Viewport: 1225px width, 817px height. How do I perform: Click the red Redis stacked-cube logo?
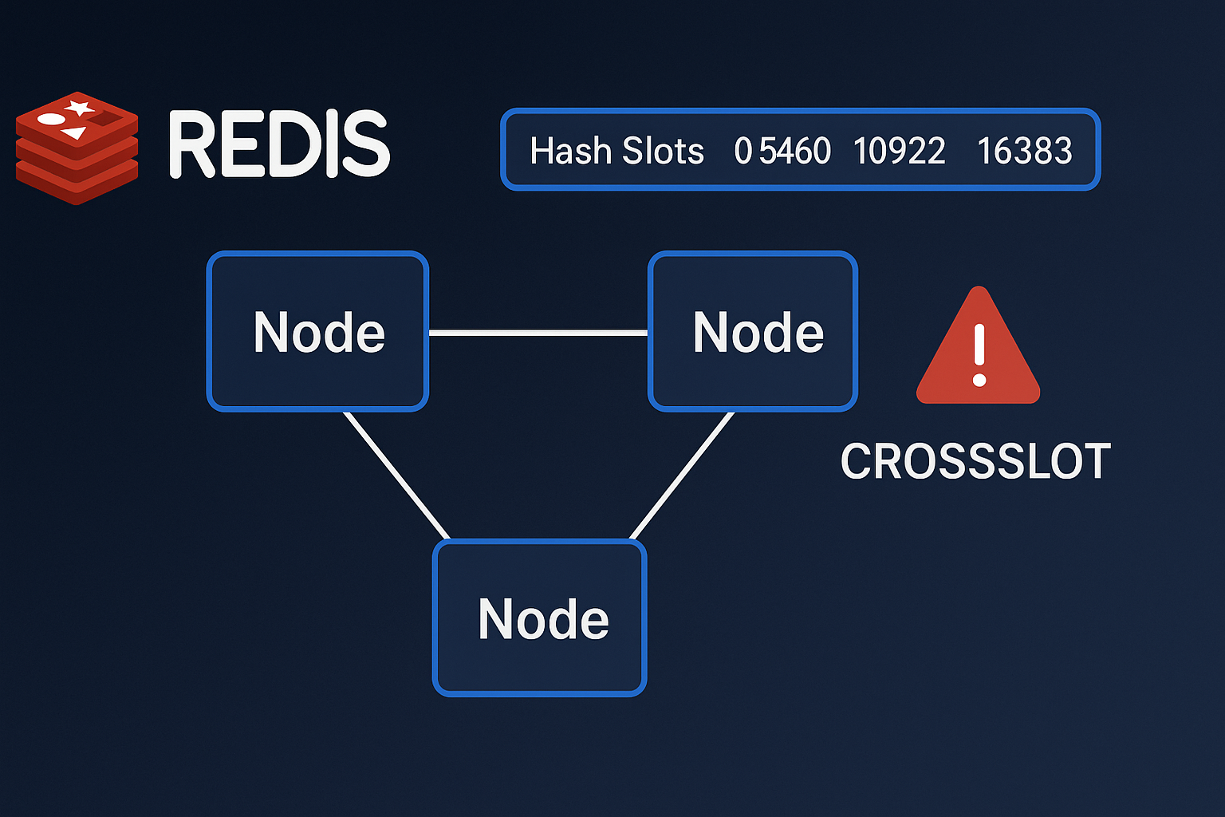(77, 148)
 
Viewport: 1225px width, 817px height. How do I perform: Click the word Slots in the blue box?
(663, 151)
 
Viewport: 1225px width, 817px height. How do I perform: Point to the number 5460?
(794, 151)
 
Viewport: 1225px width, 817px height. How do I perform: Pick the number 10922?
(899, 151)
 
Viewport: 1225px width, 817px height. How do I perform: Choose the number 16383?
(1024, 151)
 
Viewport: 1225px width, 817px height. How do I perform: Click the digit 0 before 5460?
(742, 151)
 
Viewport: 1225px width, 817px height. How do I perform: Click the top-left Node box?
(317, 331)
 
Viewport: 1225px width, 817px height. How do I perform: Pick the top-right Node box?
(753, 331)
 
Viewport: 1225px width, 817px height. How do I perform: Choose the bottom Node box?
(539, 618)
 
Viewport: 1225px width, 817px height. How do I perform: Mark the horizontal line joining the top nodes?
(538, 333)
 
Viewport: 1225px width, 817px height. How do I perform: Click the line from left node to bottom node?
(396, 475)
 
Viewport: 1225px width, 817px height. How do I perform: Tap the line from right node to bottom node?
(681, 476)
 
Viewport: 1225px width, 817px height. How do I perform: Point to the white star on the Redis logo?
(79, 107)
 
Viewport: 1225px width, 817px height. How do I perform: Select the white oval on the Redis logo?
(51, 120)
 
